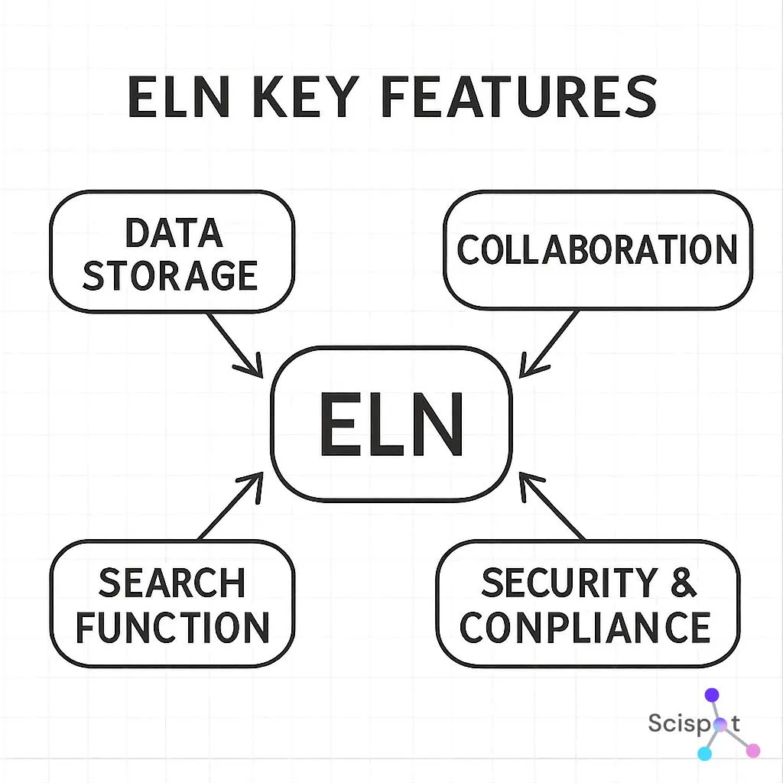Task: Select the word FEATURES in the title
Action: point(518,98)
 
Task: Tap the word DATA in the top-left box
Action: point(174,233)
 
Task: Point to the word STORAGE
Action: point(170,275)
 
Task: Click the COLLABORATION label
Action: point(597,250)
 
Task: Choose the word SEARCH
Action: point(172,584)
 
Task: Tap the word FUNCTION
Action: point(172,628)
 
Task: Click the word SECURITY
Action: point(569,583)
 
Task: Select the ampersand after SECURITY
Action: point(684,583)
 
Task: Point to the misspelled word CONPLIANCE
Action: point(586,628)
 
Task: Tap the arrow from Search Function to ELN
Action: point(232,505)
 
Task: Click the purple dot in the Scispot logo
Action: point(712,695)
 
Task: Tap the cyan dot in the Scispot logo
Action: point(705,753)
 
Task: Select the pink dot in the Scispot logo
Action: point(752,750)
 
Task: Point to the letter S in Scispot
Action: point(655,723)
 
